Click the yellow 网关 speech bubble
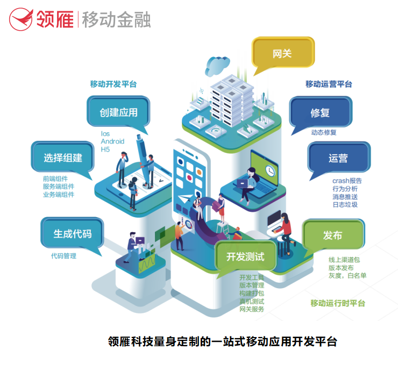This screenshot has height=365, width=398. click(282, 54)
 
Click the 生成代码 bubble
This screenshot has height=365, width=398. click(72, 233)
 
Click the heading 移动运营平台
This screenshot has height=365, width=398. click(329, 84)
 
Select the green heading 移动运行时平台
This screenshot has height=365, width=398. click(338, 303)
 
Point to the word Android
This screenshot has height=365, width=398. click(112, 141)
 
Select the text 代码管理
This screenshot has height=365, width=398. click(63, 256)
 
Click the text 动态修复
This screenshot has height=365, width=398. click(324, 132)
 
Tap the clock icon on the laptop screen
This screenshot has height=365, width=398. click(271, 170)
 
